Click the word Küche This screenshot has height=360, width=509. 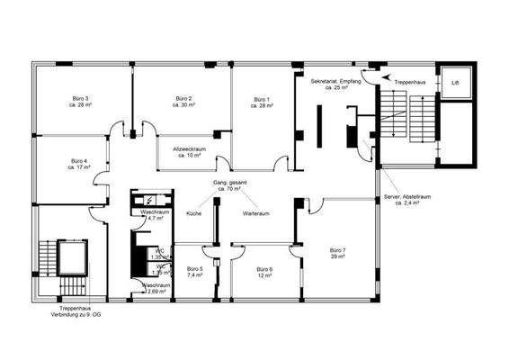click(194, 214)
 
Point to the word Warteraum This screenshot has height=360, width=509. click(257, 214)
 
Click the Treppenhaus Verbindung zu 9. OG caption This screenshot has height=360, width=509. click(74, 310)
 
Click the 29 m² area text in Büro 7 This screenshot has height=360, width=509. click(337, 256)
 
